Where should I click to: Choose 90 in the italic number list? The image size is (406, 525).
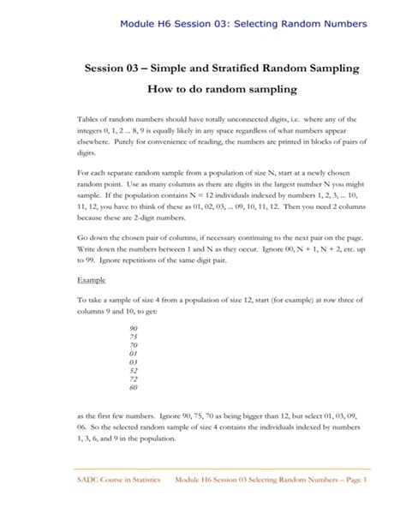(133, 329)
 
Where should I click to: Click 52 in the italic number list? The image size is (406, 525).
(133, 369)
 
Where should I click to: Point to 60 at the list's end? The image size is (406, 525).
(133, 387)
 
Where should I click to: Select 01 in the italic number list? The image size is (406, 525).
(133, 352)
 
